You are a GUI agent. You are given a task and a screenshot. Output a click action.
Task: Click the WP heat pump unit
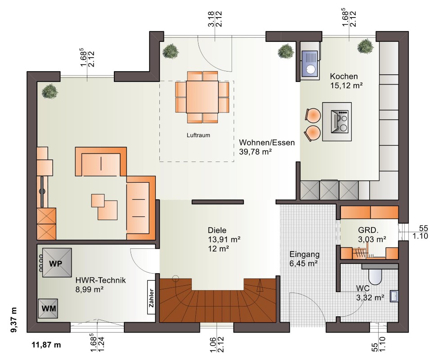57,263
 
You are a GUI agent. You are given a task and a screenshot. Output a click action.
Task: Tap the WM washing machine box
48,309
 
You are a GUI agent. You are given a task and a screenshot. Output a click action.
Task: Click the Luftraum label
198,135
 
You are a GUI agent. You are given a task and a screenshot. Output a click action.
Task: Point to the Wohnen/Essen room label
267,143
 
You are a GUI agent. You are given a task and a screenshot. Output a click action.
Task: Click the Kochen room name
344,76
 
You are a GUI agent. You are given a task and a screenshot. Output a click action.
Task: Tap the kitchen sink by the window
310,64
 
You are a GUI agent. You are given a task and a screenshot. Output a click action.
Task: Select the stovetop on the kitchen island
339,122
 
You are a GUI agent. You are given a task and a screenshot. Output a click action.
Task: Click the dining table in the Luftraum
202,97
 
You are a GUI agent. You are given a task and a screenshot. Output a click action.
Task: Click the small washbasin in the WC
394,296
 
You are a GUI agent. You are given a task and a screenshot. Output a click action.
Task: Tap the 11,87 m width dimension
46,345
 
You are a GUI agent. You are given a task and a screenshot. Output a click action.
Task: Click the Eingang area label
304,254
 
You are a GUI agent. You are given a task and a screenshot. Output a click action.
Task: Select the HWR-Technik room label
100,280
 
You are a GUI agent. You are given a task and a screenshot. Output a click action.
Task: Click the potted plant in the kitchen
366,46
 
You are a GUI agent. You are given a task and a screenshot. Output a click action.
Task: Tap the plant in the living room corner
50,91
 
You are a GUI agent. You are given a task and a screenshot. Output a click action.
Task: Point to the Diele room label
217,230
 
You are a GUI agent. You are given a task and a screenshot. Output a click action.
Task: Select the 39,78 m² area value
255,152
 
